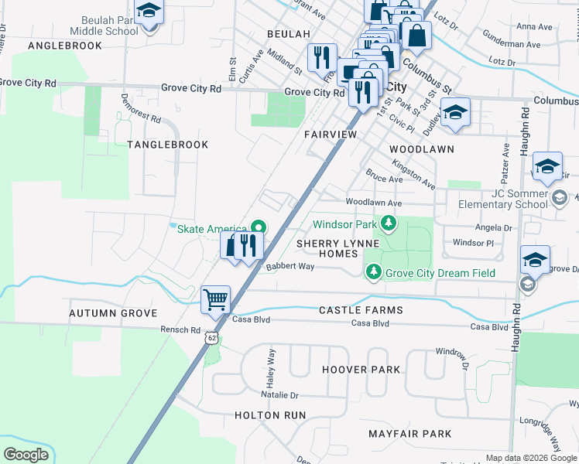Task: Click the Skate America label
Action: pos(212,228)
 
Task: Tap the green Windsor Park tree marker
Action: pos(389,225)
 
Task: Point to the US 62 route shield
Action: pos(211,338)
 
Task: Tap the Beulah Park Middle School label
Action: pos(104,26)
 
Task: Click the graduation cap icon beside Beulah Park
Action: pos(147,12)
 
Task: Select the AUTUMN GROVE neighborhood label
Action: pos(113,313)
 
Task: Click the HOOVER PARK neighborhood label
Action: pos(361,370)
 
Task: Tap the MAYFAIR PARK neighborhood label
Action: pos(409,434)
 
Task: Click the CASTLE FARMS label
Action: pos(361,310)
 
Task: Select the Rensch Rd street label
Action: pos(180,329)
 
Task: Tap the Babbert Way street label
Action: pos(289,266)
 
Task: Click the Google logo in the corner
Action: pos(26,455)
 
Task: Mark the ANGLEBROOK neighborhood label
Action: pos(65,46)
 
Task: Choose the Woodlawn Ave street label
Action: pos(374,203)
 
